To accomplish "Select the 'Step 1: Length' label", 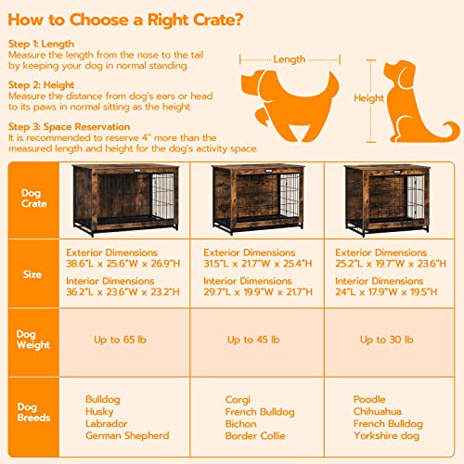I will point(42,43).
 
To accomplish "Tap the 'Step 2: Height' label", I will point(41,84).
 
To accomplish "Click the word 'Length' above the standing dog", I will point(290,59).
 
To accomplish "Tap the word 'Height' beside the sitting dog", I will point(368,97).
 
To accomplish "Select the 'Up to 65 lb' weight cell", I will point(121,340).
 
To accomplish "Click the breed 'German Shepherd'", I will point(126,435).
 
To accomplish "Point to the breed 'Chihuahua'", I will point(377,411).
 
